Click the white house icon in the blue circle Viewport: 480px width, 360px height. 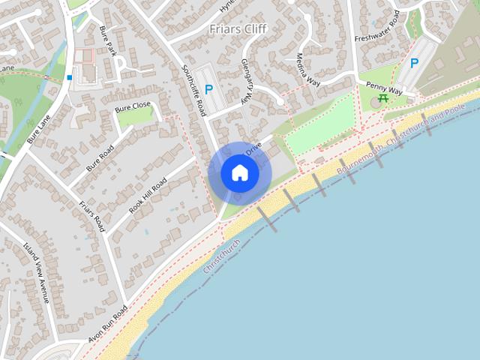(x=240, y=172)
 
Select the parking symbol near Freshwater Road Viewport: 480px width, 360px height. (x=414, y=64)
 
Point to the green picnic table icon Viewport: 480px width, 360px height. (x=383, y=97)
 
